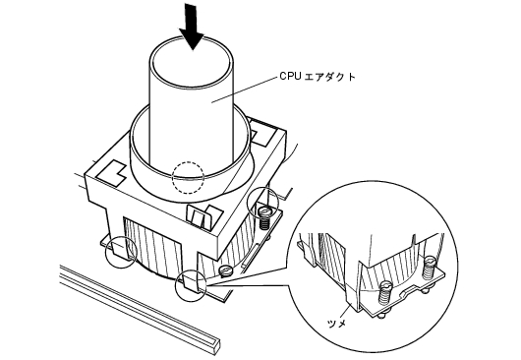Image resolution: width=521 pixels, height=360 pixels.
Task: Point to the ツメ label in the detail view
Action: (336, 323)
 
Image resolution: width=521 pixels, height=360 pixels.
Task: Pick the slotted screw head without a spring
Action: (226, 270)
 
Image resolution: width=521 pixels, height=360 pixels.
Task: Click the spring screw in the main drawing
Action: (263, 216)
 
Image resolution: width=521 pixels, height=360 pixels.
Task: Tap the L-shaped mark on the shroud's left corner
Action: (112, 173)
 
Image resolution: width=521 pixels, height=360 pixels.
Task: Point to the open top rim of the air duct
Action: (192, 37)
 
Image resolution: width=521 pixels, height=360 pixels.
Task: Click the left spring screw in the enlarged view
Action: (385, 292)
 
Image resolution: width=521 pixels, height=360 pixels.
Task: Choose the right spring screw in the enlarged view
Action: (430, 267)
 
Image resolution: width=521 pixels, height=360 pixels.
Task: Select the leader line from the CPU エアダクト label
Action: (245, 89)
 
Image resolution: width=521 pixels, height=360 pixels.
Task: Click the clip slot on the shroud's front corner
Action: (203, 216)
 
